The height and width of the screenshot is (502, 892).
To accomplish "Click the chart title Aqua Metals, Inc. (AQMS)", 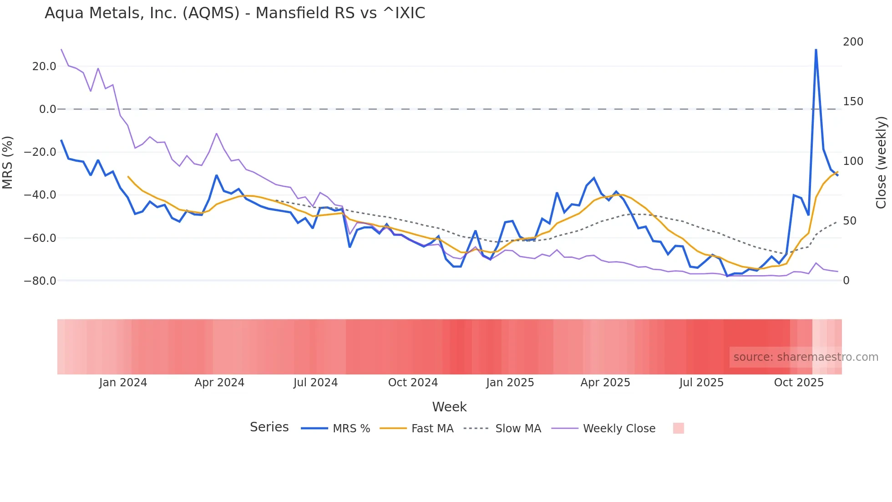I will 235,13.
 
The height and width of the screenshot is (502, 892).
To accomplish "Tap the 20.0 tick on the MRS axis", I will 44,67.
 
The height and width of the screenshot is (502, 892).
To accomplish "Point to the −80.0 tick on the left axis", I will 40,281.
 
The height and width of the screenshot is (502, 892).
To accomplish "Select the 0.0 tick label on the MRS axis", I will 48,109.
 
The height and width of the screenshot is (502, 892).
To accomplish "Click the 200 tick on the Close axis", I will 853,42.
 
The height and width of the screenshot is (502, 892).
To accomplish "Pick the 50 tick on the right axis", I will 850,221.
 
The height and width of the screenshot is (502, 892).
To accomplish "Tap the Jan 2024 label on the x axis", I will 123,383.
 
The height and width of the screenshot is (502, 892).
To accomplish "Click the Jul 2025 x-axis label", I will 701,383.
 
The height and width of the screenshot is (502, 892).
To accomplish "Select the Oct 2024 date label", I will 413,383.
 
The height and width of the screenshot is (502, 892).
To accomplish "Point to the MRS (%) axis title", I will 7,162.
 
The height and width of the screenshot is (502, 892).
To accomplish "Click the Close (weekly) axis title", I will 881,162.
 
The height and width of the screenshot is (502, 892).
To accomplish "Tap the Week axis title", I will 449,407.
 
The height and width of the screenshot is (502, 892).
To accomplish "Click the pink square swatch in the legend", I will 678,428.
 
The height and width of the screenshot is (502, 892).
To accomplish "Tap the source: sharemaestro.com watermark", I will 806,357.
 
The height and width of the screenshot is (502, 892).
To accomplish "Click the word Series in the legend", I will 269,427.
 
